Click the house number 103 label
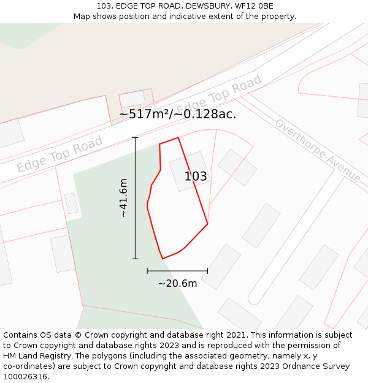[x=196, y=176]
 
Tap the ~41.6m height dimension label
[x=123, y=198]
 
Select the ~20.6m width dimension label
[x=177, y=283]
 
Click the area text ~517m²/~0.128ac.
[x=177, y=114]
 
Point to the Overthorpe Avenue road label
[x=318, y=150]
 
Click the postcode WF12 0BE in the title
[x=254, y=6]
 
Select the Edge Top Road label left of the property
[x=59, y=154]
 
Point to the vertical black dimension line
[x=135, y=198]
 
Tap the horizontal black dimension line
[x=177, y=270]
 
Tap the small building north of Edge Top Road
[x=132, y=99]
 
